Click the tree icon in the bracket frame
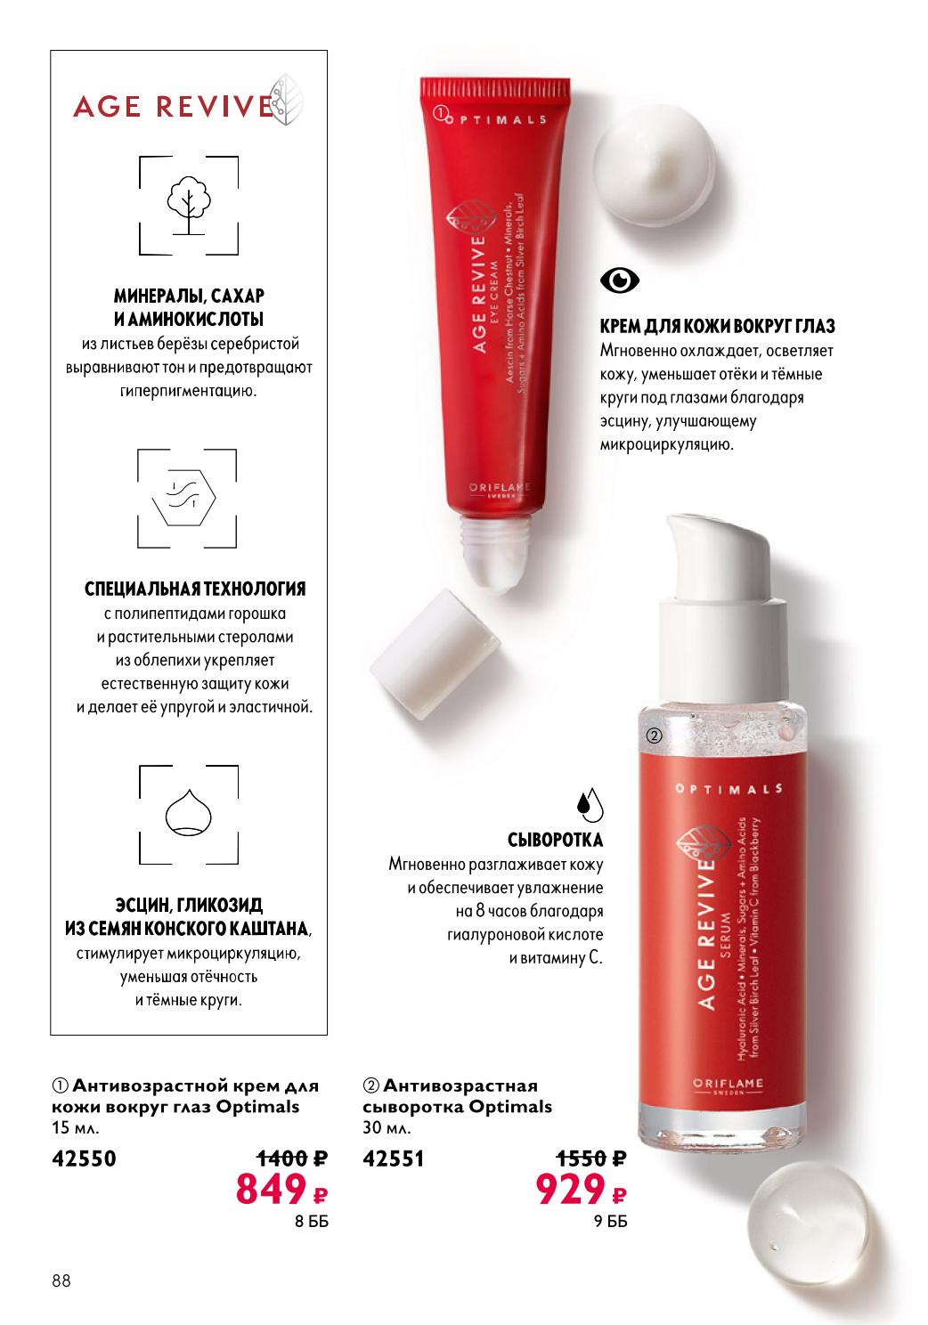[188, 205]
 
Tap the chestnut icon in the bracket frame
[188, 812]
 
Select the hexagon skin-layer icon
[184, 497]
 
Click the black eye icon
[619, 280]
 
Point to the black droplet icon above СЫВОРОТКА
[590, 804]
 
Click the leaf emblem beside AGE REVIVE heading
[286, 100]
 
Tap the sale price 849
[271, 1189]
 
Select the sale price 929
[570, 1189]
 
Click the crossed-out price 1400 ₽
[292, 1157]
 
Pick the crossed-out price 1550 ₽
[590, 1157]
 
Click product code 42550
[84, 1158]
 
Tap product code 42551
[394, 1158]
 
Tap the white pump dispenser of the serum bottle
[723, 609]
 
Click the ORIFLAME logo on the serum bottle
[729, 1084]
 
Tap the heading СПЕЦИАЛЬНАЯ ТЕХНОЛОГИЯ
[195, 589]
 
